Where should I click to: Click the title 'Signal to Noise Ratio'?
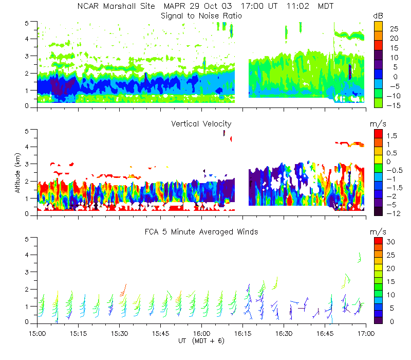click(x=201, y=16)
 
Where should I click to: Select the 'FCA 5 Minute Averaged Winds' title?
click(x=201, y=232)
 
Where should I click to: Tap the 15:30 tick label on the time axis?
click(x=119, y=333)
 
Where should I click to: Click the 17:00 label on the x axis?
click(x=365, y=333)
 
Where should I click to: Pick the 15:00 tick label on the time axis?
click(x=37, y=333)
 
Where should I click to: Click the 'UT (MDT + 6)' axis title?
click(x=201, y=341)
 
